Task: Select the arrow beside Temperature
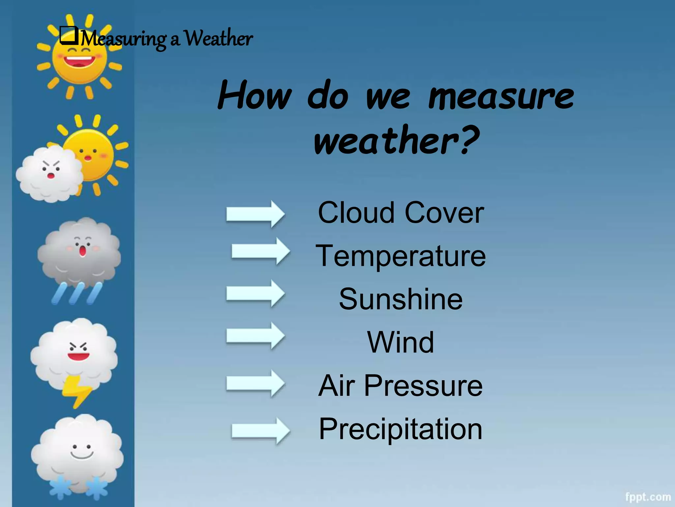click(261, 251)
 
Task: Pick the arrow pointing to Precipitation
click(261, 431)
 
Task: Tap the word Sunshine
click(400, 299)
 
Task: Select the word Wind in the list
click(400, 342)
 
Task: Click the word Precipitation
click(400, 429)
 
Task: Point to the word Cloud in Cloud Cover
click(356, 213)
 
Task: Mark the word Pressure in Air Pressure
click(423, 386)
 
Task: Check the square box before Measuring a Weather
click(69, 36)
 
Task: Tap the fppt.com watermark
click(648, 497)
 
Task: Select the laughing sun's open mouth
click(79, 61)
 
